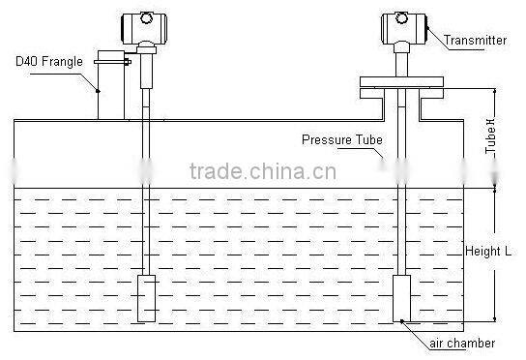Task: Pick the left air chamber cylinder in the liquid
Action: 146,297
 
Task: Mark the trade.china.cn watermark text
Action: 262,173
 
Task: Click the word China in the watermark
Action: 286,173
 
